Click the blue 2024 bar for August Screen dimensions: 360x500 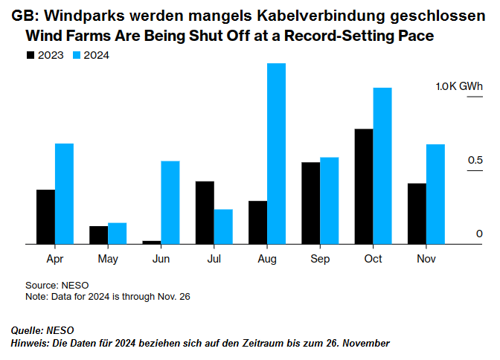click(277, 153)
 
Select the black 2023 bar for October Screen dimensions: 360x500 click(364, 186)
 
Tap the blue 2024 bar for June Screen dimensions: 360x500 click(170, 202)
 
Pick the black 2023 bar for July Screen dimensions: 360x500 click(205, 212)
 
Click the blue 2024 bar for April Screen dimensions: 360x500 click(65, 193)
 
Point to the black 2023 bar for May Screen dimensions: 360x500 click(98, 234)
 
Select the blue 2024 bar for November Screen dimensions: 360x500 click(435, 194)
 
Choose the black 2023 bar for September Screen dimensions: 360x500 click(311, 202)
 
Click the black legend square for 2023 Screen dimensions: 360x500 click(31, 55)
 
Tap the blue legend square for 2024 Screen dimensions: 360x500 click(77, 55)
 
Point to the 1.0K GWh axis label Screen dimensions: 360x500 click(459, 87)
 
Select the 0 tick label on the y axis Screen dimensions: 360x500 click(480, 234)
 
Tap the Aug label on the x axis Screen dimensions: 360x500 click(267, 259)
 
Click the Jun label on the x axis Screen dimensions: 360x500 click(161, 259)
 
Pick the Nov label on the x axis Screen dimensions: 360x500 click(426, 259)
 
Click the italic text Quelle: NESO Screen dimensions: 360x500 click(42, 330)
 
